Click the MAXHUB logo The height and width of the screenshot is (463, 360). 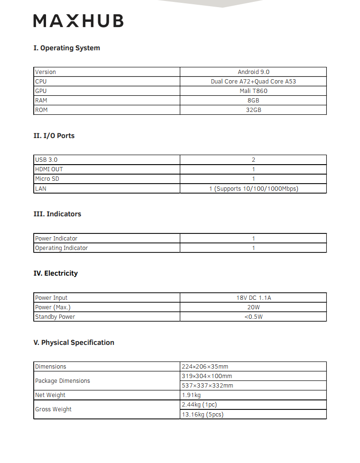point(79,21)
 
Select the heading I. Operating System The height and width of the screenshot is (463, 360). point(66,48)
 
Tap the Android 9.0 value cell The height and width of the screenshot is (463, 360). point(253,72)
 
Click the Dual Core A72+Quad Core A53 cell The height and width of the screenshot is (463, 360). point(253,82)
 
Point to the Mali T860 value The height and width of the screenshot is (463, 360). point(253,91)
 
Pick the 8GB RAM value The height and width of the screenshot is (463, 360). point(253,101)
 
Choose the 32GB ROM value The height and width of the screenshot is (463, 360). point(253,110)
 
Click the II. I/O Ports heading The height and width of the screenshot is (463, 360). point(54,136)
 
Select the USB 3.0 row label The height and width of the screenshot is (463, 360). point(46,160)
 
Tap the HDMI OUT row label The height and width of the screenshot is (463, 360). point(49,169)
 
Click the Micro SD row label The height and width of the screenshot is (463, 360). point(47,179)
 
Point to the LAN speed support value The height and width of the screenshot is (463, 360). point(253,189)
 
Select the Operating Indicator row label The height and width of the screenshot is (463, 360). point(61,248)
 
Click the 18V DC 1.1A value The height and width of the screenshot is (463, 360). point(253,298)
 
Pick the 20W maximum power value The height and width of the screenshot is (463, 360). point(253,307)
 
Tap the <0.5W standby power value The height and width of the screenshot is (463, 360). point(253,317)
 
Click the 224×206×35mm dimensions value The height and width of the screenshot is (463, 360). point(205,367)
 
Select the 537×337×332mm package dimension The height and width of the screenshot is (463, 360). point(207,386)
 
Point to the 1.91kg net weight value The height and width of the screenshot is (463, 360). point(191,395)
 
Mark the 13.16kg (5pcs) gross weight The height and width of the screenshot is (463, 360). point(203,415)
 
